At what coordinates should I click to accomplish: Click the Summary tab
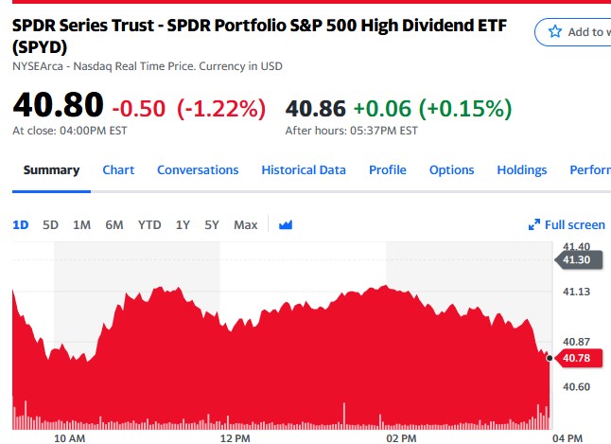[x=51, y=170]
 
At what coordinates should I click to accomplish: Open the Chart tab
[x=118, y=170]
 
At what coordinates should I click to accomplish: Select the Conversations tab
[x=198, y=170]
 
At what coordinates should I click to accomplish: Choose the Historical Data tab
[x=304, y=170]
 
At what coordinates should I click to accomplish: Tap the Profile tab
[x=388, y=170]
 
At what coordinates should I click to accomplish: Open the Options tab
[x=451, y=170]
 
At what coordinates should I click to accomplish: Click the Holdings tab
[x=522, y=170]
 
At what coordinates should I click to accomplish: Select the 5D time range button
[x=51, y=224]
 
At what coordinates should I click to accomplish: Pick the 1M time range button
[x=81, y=224]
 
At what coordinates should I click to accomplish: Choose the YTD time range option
[x=149, y=224]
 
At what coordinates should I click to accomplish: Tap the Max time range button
[x=246, y=224]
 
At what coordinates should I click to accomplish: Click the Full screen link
[x=567, y=224]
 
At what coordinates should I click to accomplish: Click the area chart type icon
[x=286, y=224]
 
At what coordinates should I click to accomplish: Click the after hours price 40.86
[x=316, y=108]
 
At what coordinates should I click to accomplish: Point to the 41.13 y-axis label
[x=577, y=292]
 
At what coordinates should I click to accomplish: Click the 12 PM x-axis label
[x=234, y=438]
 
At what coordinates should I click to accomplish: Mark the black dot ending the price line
[x=550, y=358]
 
